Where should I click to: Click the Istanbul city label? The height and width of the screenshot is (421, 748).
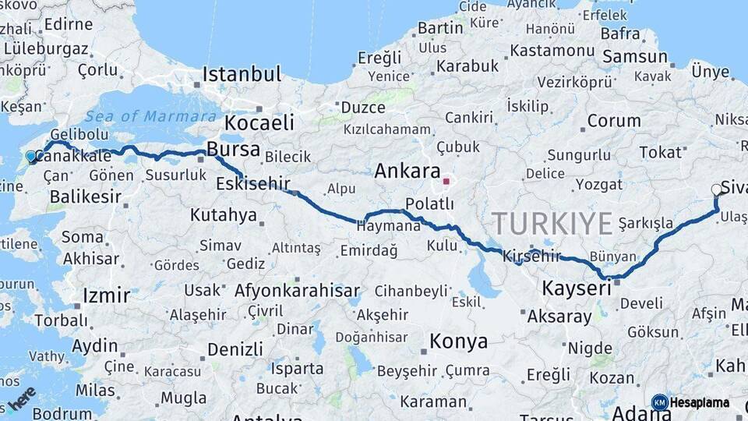pos(242,75)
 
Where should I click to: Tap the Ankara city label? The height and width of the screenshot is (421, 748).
pos(408,171)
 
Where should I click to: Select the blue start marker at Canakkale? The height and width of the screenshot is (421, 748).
pos(31,157)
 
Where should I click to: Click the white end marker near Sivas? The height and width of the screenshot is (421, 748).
pos(717,189)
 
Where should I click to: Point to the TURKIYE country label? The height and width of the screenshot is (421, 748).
pos(552,224)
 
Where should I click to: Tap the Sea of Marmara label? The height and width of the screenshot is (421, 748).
pos(151,116)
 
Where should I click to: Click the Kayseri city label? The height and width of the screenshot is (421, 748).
pos(576,289)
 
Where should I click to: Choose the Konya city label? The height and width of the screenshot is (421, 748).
pos(458,341)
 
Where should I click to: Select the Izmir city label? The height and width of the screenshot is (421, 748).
pos(106,295)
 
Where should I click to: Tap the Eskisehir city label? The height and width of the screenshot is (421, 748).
pos(252,185)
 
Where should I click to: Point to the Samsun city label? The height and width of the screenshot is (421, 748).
pos(635,57)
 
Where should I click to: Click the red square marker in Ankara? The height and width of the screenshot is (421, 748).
pos(446,182)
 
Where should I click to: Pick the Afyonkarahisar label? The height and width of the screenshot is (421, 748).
pos(297,291)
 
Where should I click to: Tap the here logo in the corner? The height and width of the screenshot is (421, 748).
pos(22,398)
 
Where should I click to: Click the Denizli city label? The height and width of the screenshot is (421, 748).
pos(235,348)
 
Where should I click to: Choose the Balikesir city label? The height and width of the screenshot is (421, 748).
pos(86,196)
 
